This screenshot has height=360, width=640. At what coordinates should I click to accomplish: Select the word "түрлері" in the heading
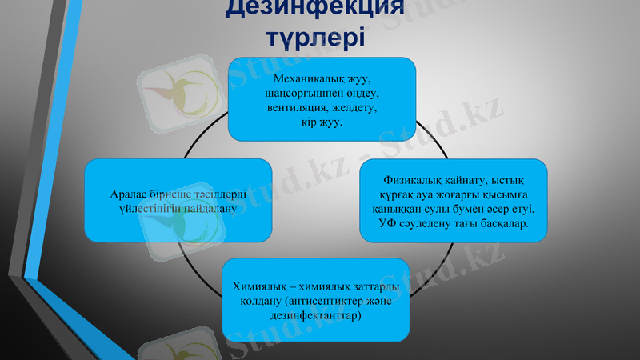pyautogui.click(x=314, y=36)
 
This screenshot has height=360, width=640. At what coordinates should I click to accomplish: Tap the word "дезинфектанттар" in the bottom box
pyautogui.click(x=316, y=316)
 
